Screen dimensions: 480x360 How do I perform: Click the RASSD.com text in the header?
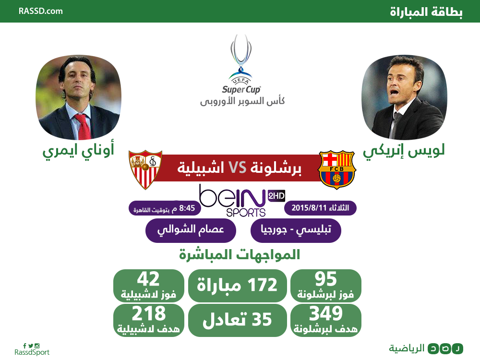click(x=40, y=12)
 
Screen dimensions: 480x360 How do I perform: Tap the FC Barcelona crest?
click(x=336, y=169)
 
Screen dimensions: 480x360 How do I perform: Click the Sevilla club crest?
click(x=145, y=169)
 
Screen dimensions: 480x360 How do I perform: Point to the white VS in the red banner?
click(x=238, y=168)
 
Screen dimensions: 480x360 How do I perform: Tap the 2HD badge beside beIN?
click(x=276, y=196)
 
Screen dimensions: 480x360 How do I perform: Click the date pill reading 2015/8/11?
click(x=320, y=208)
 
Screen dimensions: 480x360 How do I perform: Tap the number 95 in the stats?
click(x=326, y=278)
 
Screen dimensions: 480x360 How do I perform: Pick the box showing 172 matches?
click(x=237, y=286)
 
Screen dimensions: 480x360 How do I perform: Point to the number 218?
click(x=148, y=313)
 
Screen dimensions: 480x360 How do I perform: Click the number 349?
click(x=326, y=313)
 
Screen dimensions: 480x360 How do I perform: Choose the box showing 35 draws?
click(x=237, y=320)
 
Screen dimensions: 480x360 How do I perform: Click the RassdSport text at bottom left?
click(x=32, y=352)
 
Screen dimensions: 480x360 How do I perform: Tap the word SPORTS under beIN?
click(x=246, y=213)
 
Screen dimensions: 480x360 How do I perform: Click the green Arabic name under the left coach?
click(x=78, y=150)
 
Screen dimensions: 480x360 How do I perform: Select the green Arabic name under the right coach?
click(x=404, y=151)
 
